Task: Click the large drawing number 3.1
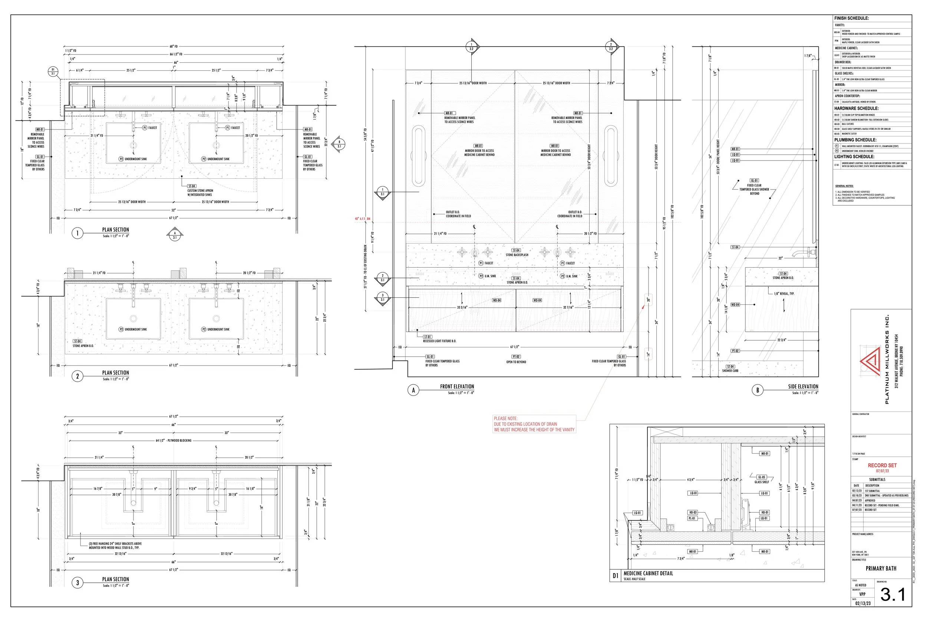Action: tap(893, 594)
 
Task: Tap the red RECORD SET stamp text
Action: tap(882, 466)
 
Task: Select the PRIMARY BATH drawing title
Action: tap(881, 568)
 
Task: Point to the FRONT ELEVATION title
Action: tap(457, 387)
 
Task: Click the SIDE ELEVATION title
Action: tap(803, 387)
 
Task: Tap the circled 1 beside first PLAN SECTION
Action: tap(77, 233)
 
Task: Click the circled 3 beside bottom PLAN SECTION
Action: tap(77, 583)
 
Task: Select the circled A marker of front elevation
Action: tap(413, 390)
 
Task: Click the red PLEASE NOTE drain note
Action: tap(534, 424)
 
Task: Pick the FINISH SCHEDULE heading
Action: tap(851, 18)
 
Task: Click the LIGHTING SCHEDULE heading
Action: tap(854, 156)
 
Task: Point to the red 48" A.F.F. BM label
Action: tap(362, 219)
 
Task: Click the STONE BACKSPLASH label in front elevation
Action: tap(517, 255)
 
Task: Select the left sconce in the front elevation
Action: tap(418, 156)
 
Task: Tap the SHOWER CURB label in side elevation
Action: tap(730, 370)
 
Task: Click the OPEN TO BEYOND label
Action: tap(516, 362)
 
